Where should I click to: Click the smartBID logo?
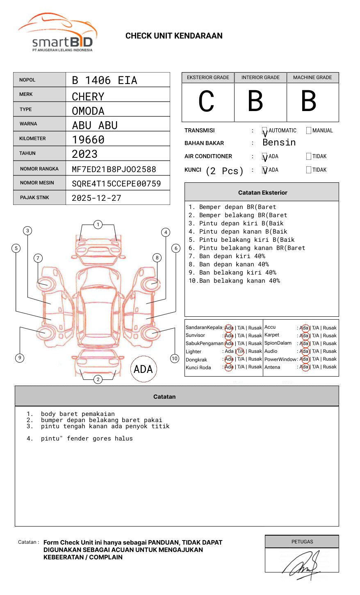click(x=58, y=32)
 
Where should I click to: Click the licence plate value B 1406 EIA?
click(x=105, y=80)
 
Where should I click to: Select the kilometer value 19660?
click(x=88, y=140)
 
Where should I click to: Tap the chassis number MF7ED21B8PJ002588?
click(x=114, y=169)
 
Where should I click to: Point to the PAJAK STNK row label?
click(x=34, y=198)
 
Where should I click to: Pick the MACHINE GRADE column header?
click(x=312, y=77)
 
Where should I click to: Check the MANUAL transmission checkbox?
click(x=309, y=130)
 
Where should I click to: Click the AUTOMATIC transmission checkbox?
click(x=264, y=131)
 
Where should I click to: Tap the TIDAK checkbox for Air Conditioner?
click(x=309, y=156)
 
